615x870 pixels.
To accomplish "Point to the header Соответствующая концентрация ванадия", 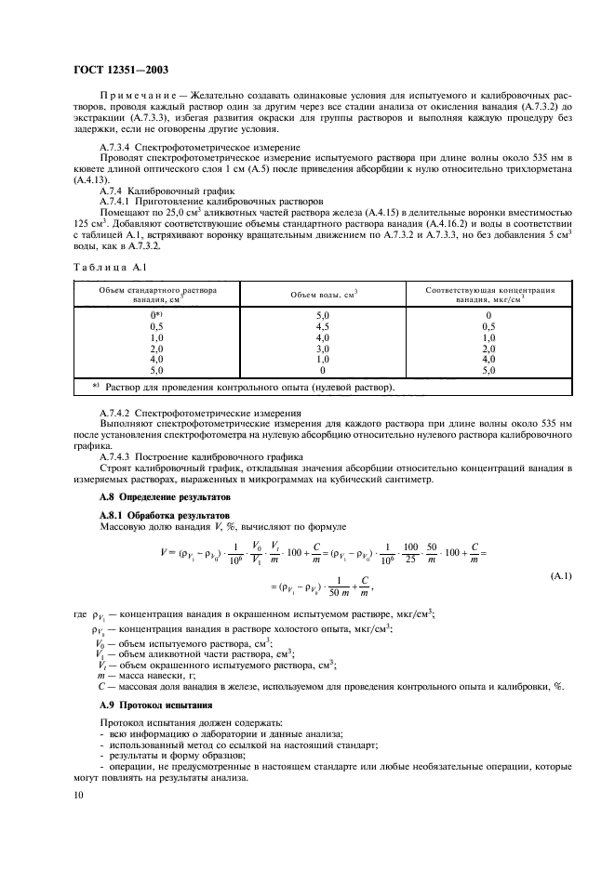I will pos(490,295).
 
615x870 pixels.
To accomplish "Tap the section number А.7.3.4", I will pos(118,147).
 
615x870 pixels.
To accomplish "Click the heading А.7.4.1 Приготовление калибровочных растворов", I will pos(211,200).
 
